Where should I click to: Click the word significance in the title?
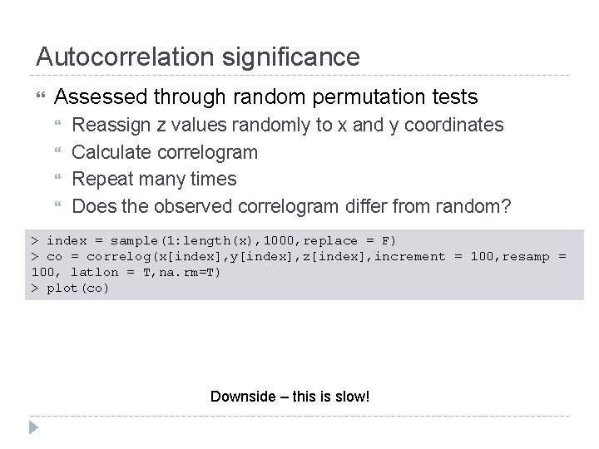coord(290,57)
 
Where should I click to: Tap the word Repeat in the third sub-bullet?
coord(101,179)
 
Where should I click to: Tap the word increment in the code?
coord(410,256)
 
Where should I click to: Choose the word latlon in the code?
coord(95,272)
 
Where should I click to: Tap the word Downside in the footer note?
coord(242,397)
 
